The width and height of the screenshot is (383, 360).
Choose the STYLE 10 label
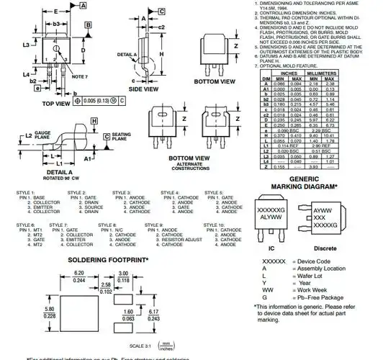coord(215,225)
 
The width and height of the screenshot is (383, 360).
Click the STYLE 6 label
coord(27,225)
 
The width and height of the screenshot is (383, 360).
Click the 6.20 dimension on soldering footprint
coord(79,273)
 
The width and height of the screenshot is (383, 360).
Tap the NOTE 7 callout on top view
coord(81,76)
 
